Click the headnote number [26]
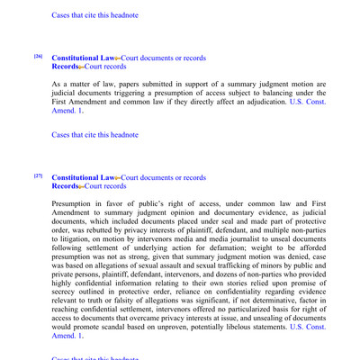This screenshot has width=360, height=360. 38,57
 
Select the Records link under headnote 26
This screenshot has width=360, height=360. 66,67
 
